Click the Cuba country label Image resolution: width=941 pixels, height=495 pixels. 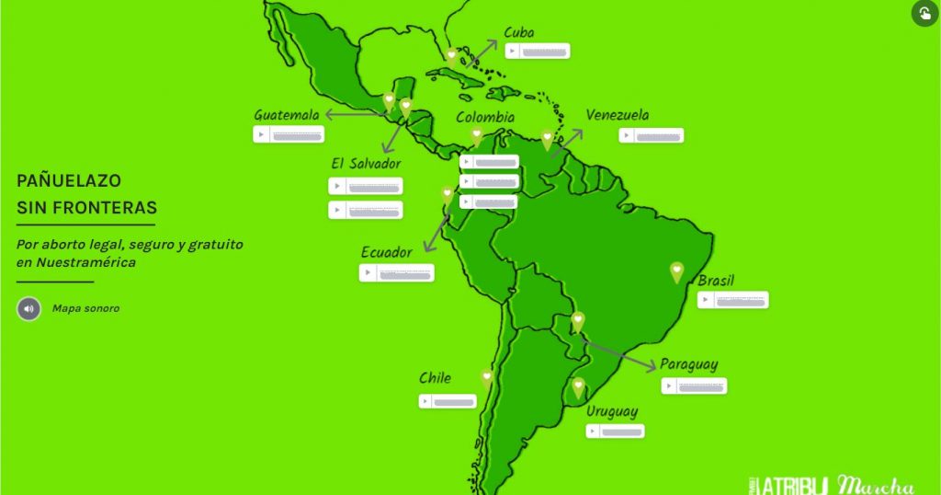[x=518, y=33]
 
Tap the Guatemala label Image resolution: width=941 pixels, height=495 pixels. [x=287, y=115]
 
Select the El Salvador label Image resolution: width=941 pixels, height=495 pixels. [x=366, y=163]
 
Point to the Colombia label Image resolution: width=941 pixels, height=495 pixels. [x=485, y=118]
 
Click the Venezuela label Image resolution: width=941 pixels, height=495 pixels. [x=617, y=116]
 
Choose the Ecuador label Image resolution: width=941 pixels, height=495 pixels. [x=386, y=253]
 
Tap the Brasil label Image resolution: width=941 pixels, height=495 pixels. [x=716, y=281]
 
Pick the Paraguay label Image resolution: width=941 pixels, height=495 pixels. [x=689, y=364]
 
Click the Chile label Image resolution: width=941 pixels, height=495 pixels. [x=435, y=378]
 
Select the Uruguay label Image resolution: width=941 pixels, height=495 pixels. [x=612, y=412]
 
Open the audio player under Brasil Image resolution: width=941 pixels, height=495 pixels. [x=732, y=300]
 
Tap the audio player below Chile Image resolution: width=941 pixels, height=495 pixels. [x=448, y=401]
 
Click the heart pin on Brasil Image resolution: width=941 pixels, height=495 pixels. [x=677, y=271]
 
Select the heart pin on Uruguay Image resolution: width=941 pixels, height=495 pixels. [x=578, y=387]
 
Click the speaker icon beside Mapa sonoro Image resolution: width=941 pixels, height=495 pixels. [x=28, y=308]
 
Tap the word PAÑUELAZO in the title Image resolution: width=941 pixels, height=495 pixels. [x=69, y=181]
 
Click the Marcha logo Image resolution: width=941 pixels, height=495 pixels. [x=876, y=485]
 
